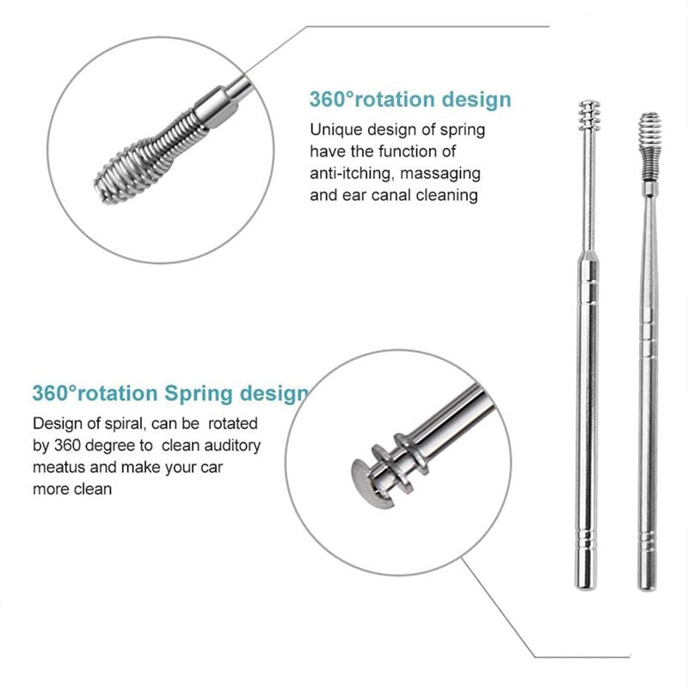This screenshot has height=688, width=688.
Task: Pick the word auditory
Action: coord(227,445)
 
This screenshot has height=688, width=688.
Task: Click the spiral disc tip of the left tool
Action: coord(587,113)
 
